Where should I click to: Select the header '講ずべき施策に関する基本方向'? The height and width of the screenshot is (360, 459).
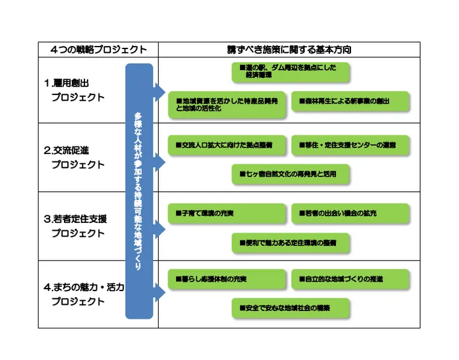(289, 50)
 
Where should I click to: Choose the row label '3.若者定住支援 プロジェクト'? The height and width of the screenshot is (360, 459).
(78, 226)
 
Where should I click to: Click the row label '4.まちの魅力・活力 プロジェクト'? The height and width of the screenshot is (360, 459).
(84, 295)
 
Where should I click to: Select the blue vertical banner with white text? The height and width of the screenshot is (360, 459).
(138, 191)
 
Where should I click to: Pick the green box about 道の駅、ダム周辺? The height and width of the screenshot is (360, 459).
(290, 71)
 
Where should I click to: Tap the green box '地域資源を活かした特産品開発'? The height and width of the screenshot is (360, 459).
(227, 103)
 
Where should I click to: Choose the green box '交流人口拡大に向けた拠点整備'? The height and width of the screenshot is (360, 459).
(227, 145)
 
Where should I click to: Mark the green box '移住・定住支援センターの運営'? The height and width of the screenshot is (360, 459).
(350, 145)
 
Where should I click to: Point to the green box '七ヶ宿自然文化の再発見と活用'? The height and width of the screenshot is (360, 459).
(290, 174)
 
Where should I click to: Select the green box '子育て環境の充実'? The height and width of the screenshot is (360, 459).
(227, 214)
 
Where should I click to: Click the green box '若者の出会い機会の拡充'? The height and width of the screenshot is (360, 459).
(350, 214)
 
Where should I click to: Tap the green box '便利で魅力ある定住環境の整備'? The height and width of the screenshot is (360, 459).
(290, 243)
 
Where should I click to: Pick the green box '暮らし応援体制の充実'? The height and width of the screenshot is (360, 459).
(227, 279)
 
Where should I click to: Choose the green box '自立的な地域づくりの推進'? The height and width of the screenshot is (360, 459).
(350, 279)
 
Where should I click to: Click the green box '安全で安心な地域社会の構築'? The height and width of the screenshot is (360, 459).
(290, 308)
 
